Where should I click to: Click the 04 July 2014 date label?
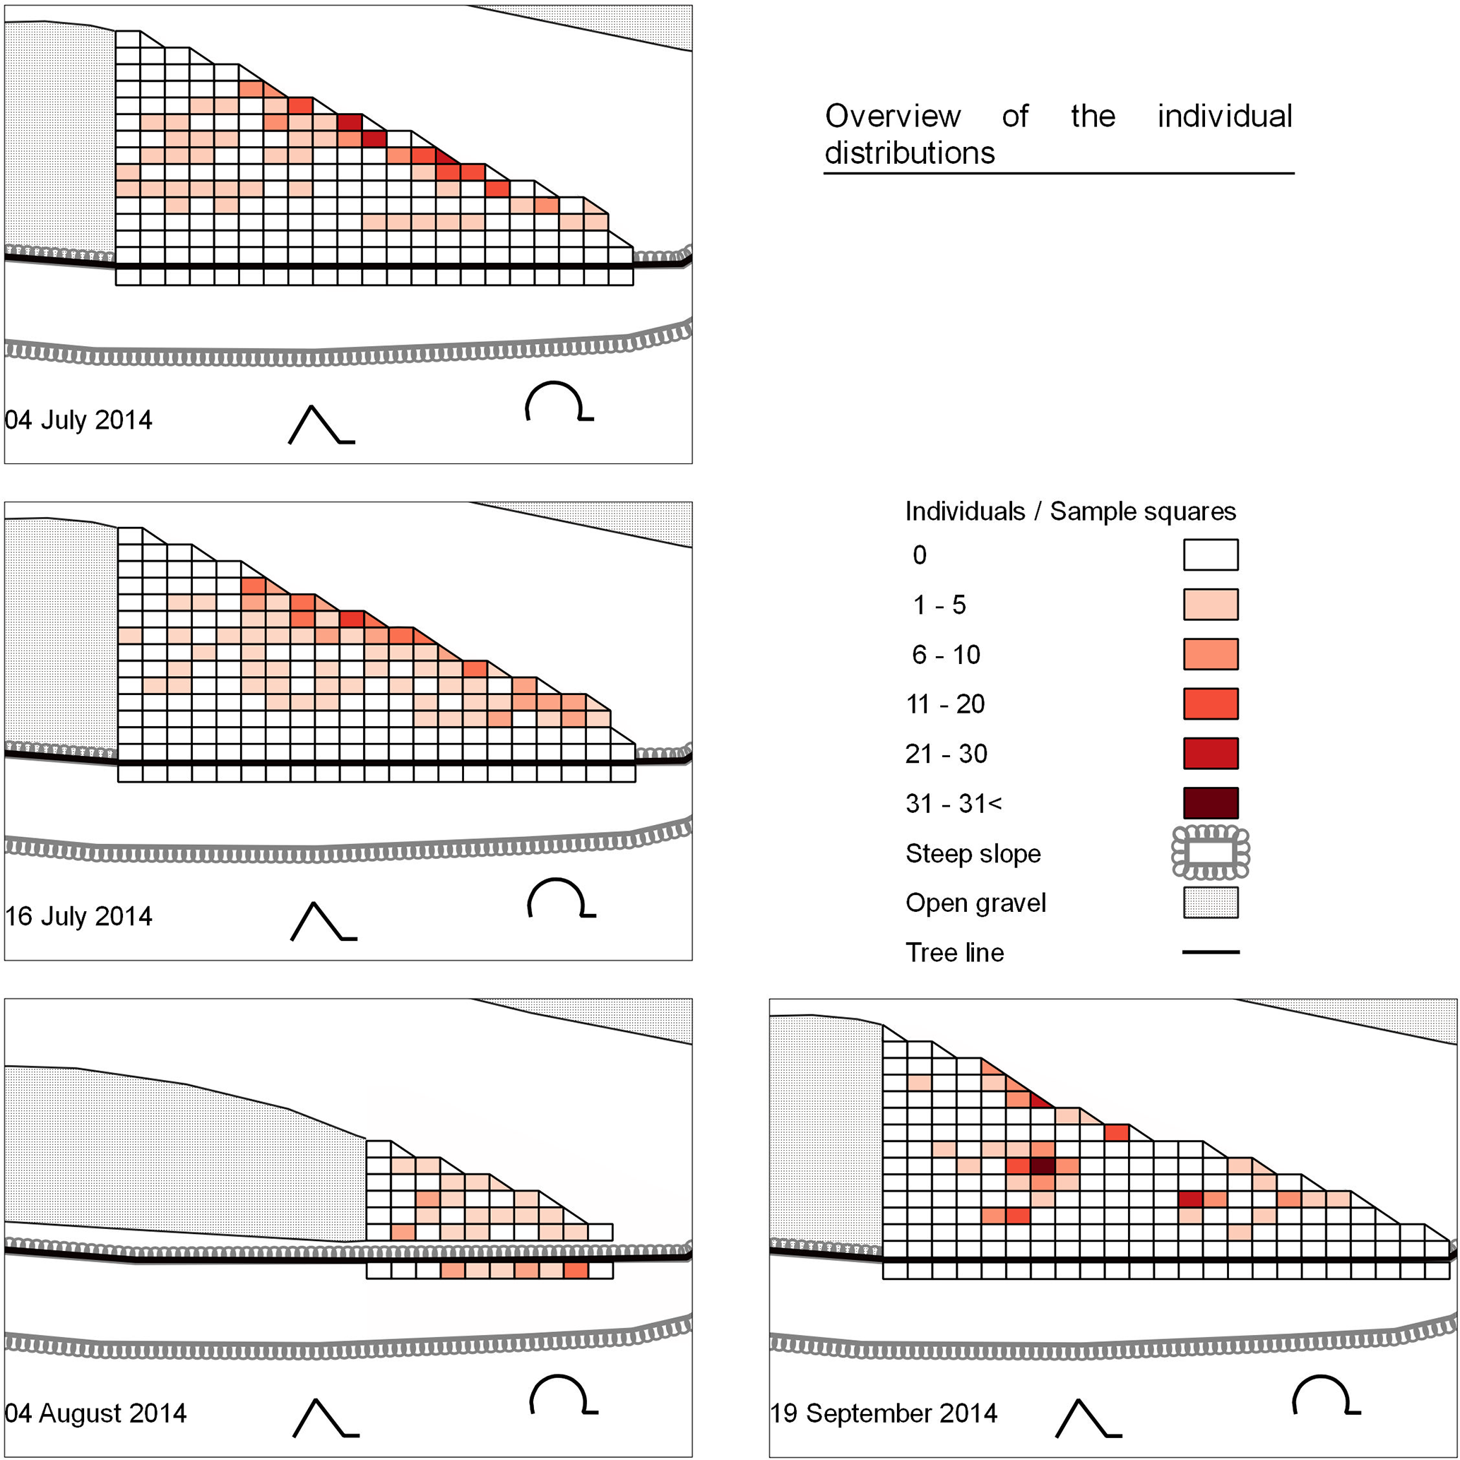point(78,420)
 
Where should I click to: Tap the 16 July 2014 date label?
point(78,916)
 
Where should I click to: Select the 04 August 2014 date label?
point(95,1413)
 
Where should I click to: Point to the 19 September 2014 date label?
point(884,1413)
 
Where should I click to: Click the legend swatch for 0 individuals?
point(1211,554)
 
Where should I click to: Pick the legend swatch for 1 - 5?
point(1211,605)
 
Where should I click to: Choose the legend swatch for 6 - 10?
point(1211,655)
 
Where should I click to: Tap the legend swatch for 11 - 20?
point(1211,704)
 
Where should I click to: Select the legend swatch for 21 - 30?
point(1211,754)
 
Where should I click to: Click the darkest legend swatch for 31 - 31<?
point(1211,803)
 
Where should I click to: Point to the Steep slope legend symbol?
point(1211,853)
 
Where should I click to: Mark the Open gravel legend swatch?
point(1211,902)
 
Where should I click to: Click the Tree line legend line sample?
point(1211,952)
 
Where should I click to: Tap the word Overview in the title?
point(893,117)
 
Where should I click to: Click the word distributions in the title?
point(909,153)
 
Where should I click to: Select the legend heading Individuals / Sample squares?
point(1070,511)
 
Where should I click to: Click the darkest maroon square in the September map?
point(1043,1166)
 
